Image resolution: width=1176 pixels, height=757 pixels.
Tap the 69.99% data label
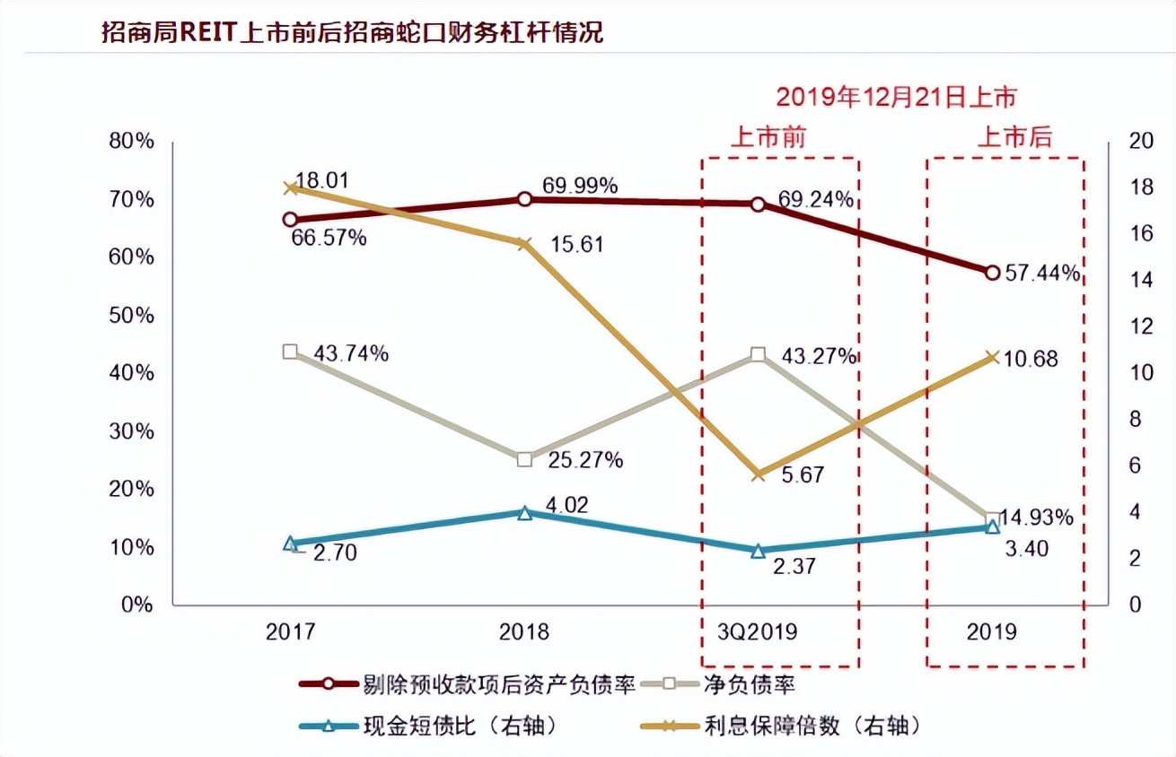580,187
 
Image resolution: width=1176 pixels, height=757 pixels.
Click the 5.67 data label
802,475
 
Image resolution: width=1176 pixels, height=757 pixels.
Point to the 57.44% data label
1042,274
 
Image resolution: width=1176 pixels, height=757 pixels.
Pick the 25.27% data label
584,461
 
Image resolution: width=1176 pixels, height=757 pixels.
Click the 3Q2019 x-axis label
758,631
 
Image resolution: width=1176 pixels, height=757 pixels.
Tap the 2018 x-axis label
524,631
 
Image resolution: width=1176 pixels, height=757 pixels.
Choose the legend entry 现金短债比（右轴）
461,726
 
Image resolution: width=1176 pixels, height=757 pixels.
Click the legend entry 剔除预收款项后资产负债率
500,686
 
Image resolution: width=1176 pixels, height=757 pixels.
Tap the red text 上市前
768,137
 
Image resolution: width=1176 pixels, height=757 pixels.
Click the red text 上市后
1014,137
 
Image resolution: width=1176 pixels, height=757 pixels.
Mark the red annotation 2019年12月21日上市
896,97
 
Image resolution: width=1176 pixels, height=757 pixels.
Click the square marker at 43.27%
758,355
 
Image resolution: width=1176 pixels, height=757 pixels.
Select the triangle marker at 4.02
525,513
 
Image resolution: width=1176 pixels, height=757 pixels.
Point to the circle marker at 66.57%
290,219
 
